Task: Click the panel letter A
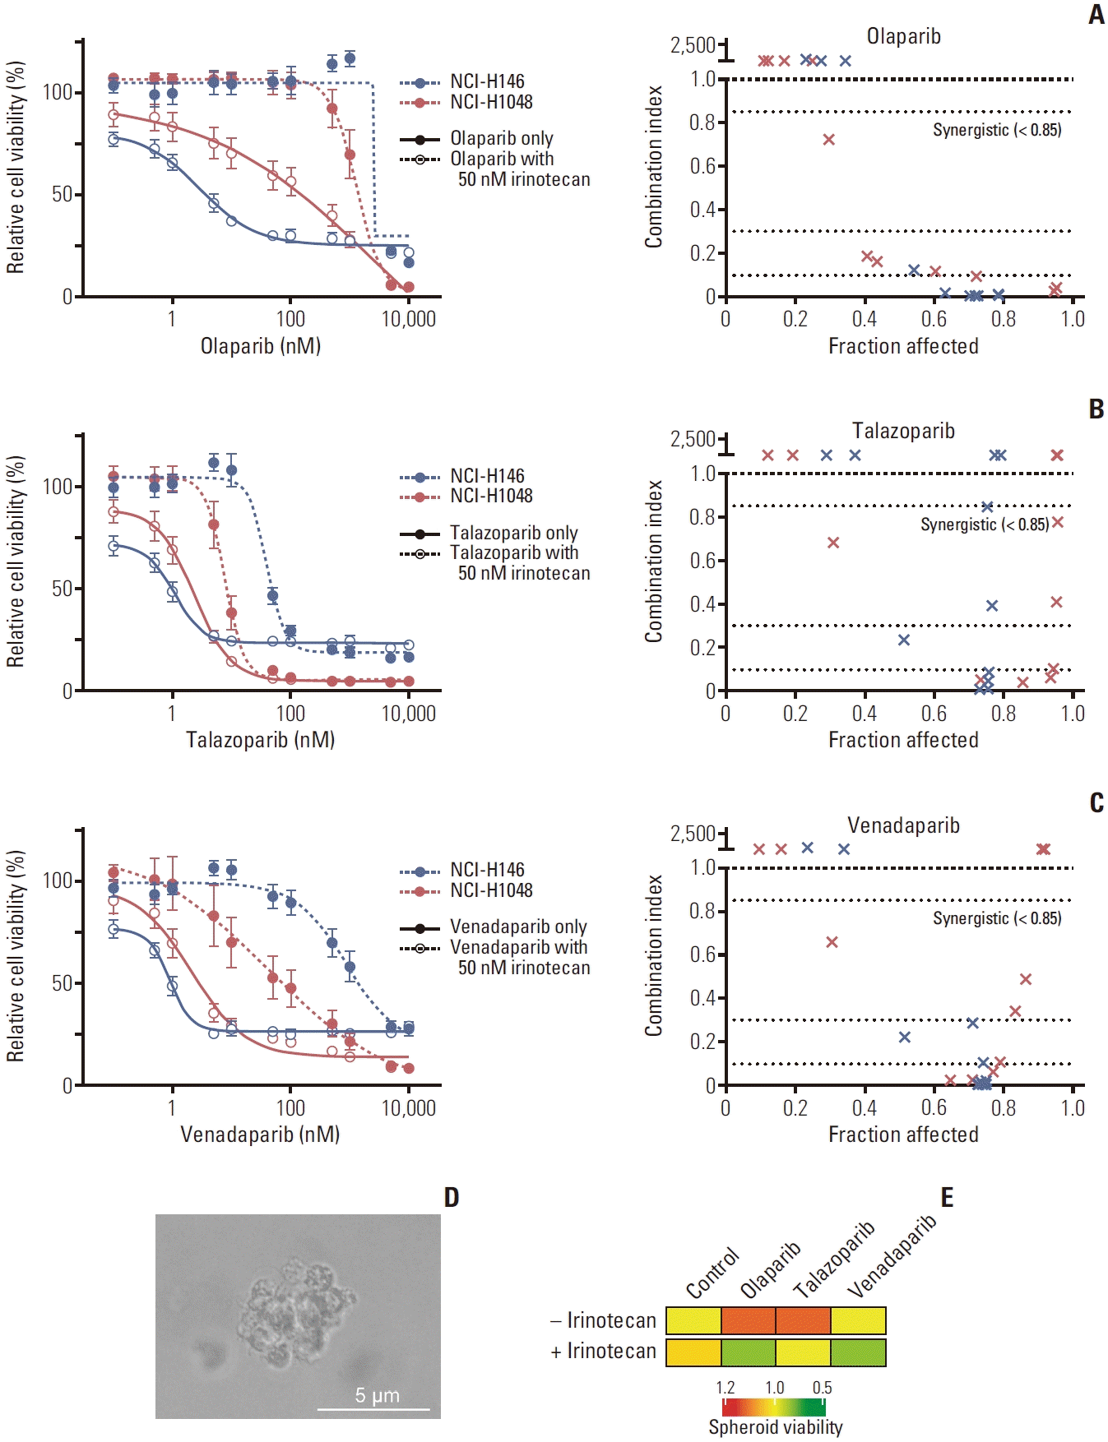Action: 1096,15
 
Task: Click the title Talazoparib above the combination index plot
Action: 903,431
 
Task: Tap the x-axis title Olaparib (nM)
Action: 261,346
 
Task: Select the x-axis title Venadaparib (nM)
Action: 260,1135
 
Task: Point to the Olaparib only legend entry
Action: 476,138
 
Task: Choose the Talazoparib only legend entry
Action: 489,533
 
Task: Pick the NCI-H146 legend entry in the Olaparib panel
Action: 462,81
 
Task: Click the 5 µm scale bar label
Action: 378,1395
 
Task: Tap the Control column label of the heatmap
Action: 712,1273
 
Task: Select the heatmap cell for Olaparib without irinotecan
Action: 749,1320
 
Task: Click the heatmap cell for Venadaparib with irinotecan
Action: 858,1352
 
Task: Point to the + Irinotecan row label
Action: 604,1351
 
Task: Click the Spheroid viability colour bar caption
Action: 776,1427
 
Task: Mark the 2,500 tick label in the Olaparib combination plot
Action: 693,45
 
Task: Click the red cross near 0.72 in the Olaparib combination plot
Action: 828,140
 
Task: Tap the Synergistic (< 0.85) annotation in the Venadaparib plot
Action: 997,918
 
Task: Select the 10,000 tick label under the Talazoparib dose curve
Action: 409,714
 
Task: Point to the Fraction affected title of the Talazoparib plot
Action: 903,740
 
